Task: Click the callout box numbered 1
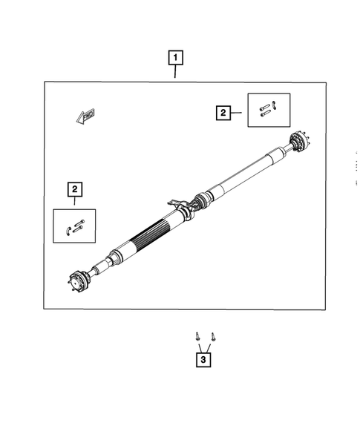(x=175, y=57)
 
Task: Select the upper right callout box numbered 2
(x=222, y=113)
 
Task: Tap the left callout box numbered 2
(x=75, y=189)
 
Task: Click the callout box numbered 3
(x=202, y=360)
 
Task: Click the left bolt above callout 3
(x=197, y=337)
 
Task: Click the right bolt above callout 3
(x=213, y=337)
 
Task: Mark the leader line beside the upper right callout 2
(x=238, y=113)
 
